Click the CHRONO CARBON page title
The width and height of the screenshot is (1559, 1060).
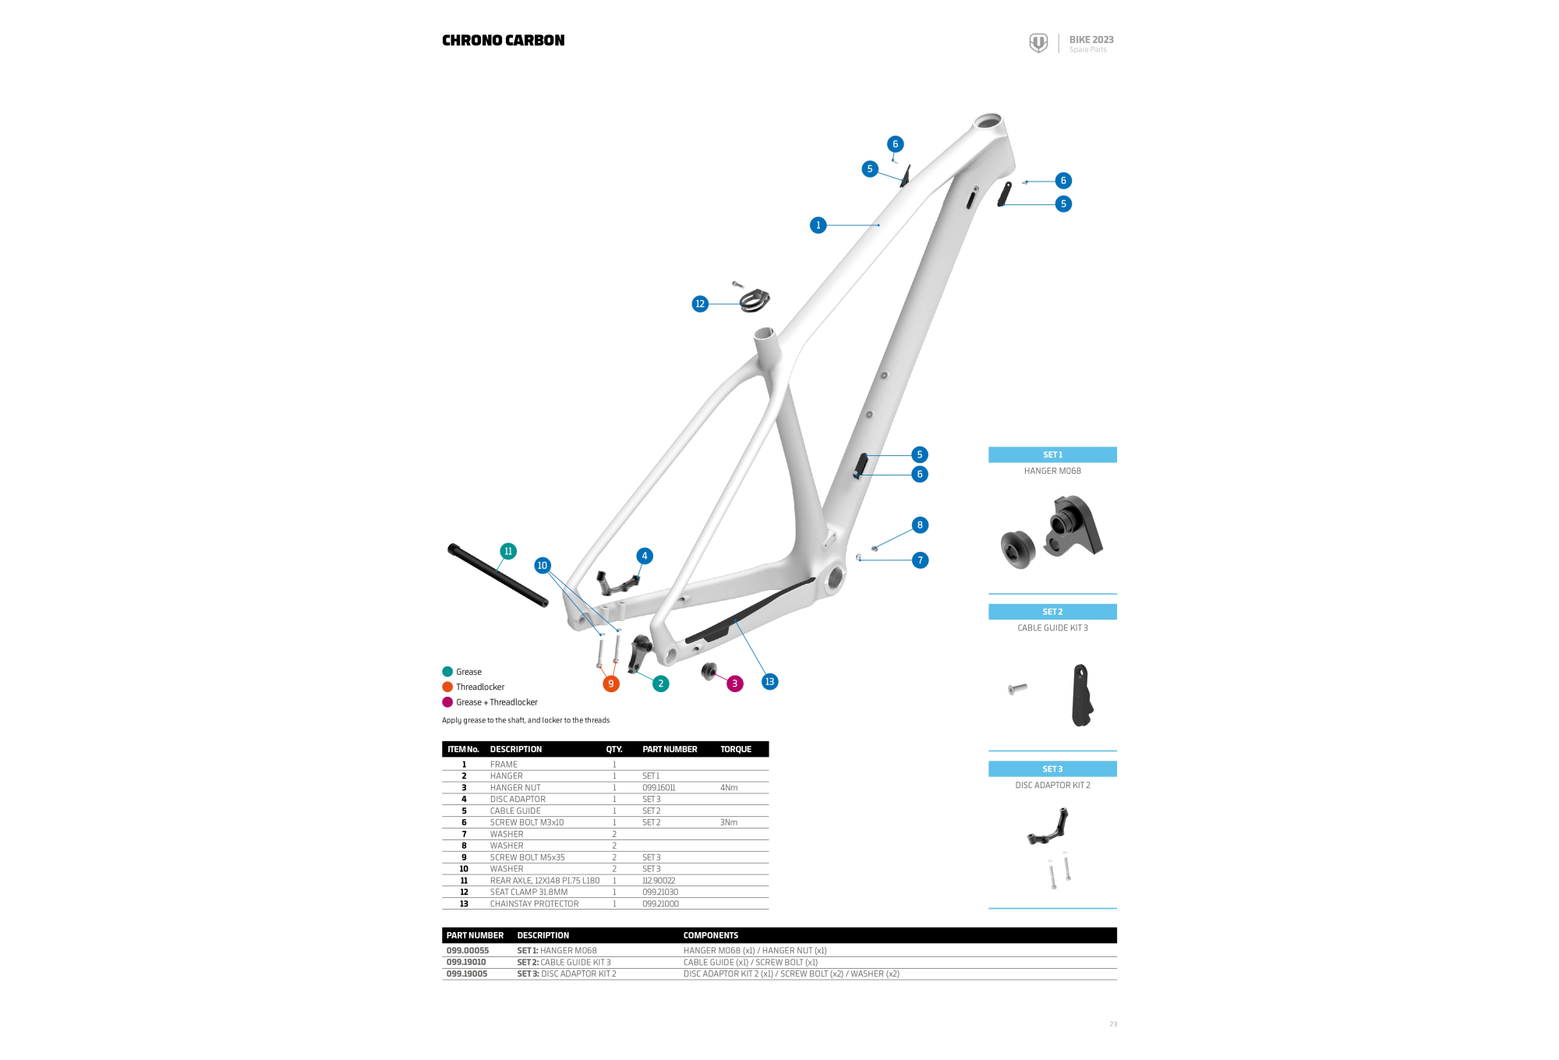pos(503,41)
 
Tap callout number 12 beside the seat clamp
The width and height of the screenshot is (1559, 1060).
pos(699,304)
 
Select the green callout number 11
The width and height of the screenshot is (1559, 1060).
pos(508,551)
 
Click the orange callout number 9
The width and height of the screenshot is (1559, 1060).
pos(610,684)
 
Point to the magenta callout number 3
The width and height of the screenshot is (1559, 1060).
pos(734,684)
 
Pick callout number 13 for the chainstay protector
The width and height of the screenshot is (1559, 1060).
pos(769,681)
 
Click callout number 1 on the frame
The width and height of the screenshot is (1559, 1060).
pos(818,225)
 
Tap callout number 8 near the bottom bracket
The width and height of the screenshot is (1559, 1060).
pos(920,525)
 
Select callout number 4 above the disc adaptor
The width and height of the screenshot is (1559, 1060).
pos(644,556)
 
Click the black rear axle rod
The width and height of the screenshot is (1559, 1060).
pos(497,575)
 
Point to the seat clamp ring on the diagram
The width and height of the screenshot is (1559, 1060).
pos(755,300)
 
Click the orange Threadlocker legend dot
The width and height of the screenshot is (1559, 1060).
pos(447,687)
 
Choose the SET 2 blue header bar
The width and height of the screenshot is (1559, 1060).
pos(1052,612)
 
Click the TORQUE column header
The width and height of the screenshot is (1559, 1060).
pos(735,749)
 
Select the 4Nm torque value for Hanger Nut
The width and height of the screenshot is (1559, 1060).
pos(729,788)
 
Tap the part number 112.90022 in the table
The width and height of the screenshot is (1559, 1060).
pos(659,881)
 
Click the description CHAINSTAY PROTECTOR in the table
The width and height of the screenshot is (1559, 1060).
pos(534,904)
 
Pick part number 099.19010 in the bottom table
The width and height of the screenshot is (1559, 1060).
pos(466,962)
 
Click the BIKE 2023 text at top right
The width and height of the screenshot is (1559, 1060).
pos(1091,40)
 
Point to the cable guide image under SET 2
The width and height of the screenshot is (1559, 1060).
pos(1081,694)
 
